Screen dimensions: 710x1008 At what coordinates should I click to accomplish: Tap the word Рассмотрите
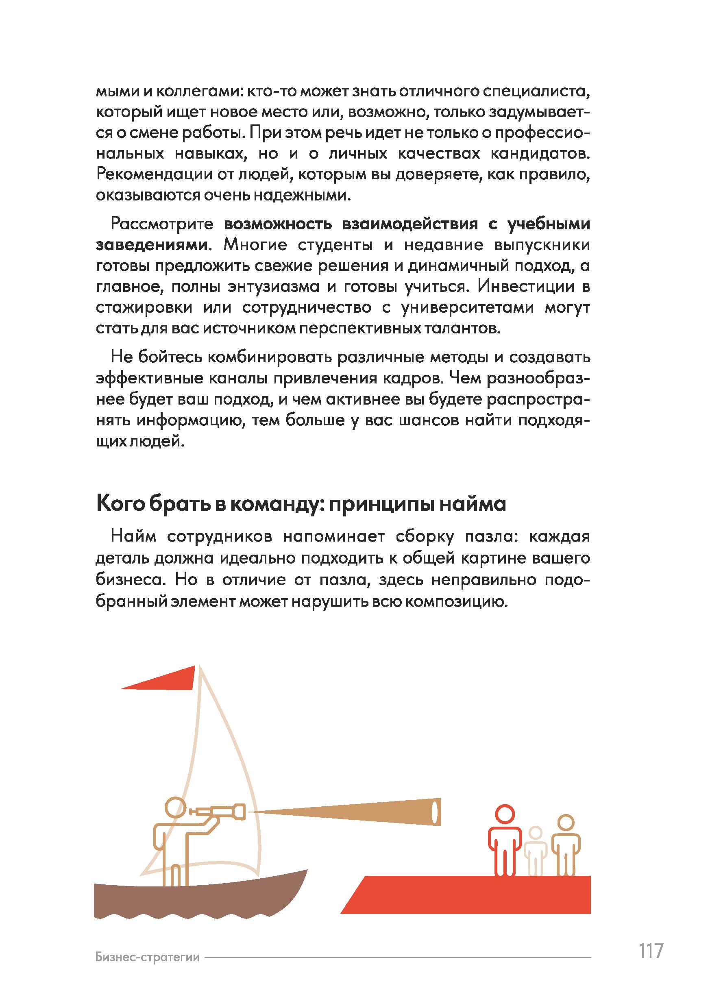[x=162, y=224]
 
